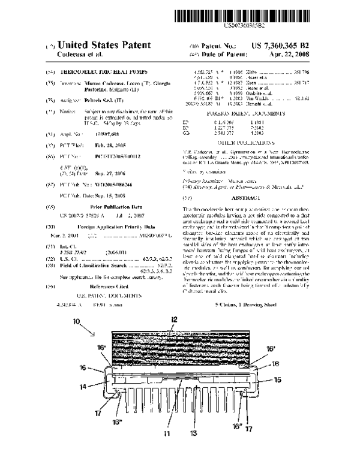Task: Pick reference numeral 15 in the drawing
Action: click(278, 363)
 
